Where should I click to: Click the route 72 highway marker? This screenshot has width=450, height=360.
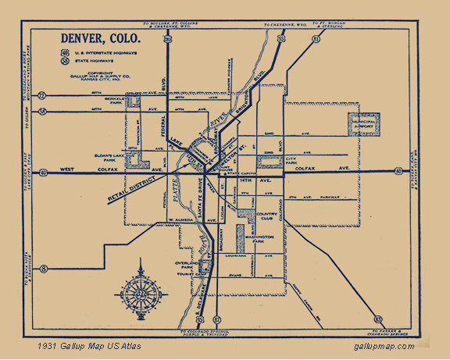point(42,95)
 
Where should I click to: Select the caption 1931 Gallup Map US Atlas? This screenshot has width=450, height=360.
point(87,346)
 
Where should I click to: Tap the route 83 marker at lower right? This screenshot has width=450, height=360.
point(378,319)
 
